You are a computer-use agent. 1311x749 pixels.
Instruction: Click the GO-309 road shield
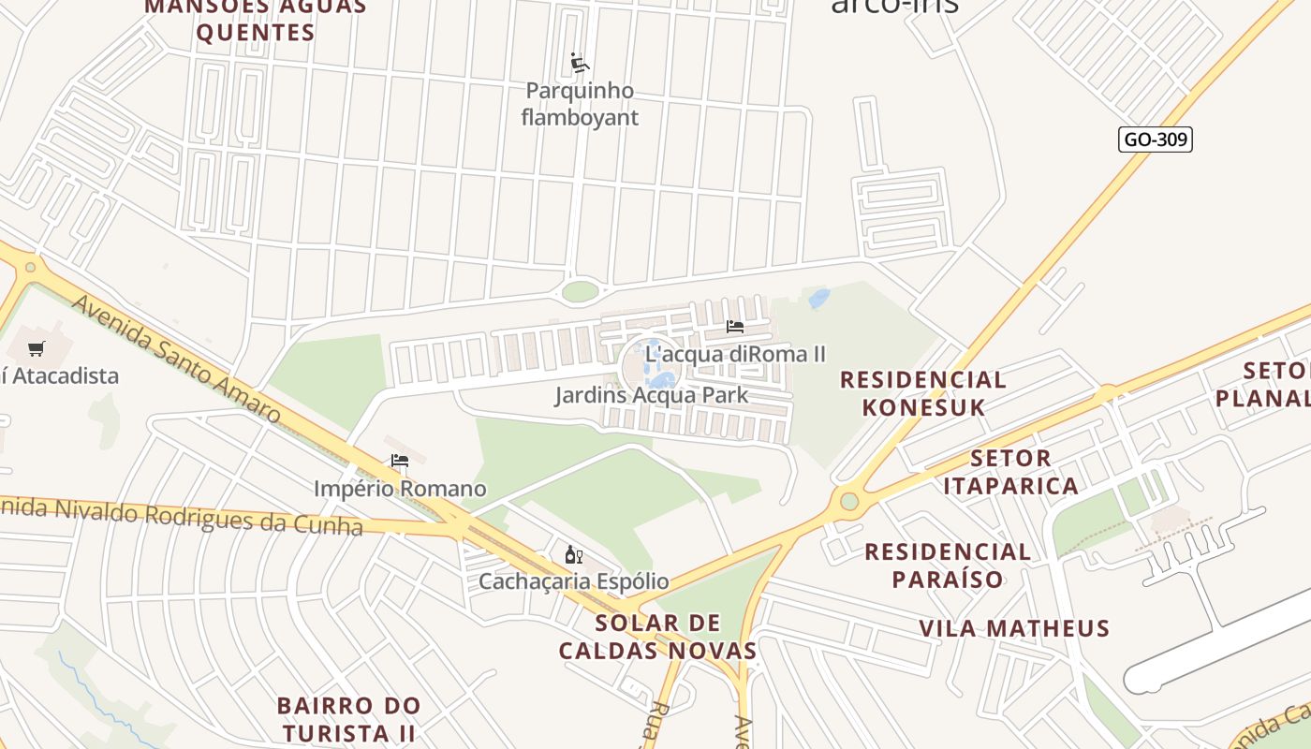(1155, 140)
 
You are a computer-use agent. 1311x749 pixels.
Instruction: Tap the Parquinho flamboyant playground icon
(580, 64)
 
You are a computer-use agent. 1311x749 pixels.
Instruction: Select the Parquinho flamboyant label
(580, 104)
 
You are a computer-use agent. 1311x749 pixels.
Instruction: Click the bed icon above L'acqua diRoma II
(735, 327)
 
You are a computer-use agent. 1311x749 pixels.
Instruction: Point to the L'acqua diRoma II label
(736, 354)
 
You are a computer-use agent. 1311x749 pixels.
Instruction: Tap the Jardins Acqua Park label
(651, 395)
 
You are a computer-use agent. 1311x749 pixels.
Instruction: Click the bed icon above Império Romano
(400, 461)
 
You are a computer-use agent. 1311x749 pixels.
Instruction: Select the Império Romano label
(400, 489)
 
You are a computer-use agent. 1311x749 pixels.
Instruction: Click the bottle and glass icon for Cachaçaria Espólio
(574, 554)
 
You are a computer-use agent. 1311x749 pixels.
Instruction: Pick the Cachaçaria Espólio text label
(574, 581)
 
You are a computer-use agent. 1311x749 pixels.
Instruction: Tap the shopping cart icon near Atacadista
(37, 349)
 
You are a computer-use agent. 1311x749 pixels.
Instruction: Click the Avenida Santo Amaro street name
(175, 358)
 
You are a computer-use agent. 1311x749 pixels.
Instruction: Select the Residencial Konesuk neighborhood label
(922, 393)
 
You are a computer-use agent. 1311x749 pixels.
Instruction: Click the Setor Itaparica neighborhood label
(1010, 472)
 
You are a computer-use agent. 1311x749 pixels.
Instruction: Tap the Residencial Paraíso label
(948, 565)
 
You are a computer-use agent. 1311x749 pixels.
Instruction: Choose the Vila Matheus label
(1014, 628)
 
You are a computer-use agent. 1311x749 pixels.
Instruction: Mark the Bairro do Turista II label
(349, 718)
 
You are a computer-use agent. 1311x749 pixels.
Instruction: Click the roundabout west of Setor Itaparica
(848, 501)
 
